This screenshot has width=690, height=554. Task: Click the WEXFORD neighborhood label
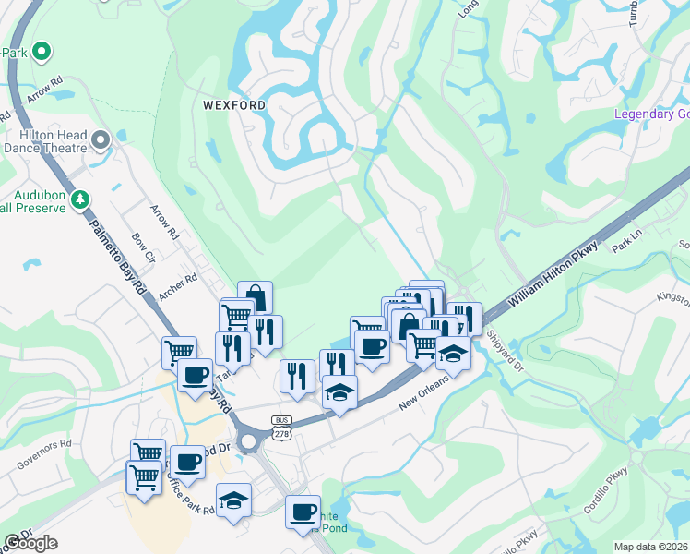(234, 105)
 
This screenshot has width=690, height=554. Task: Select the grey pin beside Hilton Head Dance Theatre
(101, 140)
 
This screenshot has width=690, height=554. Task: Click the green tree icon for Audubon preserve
(81, 199)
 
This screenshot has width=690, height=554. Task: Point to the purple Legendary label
(651, 114)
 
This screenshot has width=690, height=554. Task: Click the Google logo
(30, 543)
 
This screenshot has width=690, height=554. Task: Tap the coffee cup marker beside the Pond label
(303, 512)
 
